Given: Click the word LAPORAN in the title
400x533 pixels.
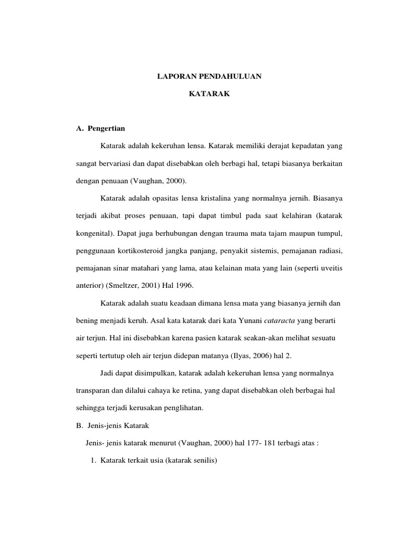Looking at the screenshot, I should (x=173, y=77).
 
